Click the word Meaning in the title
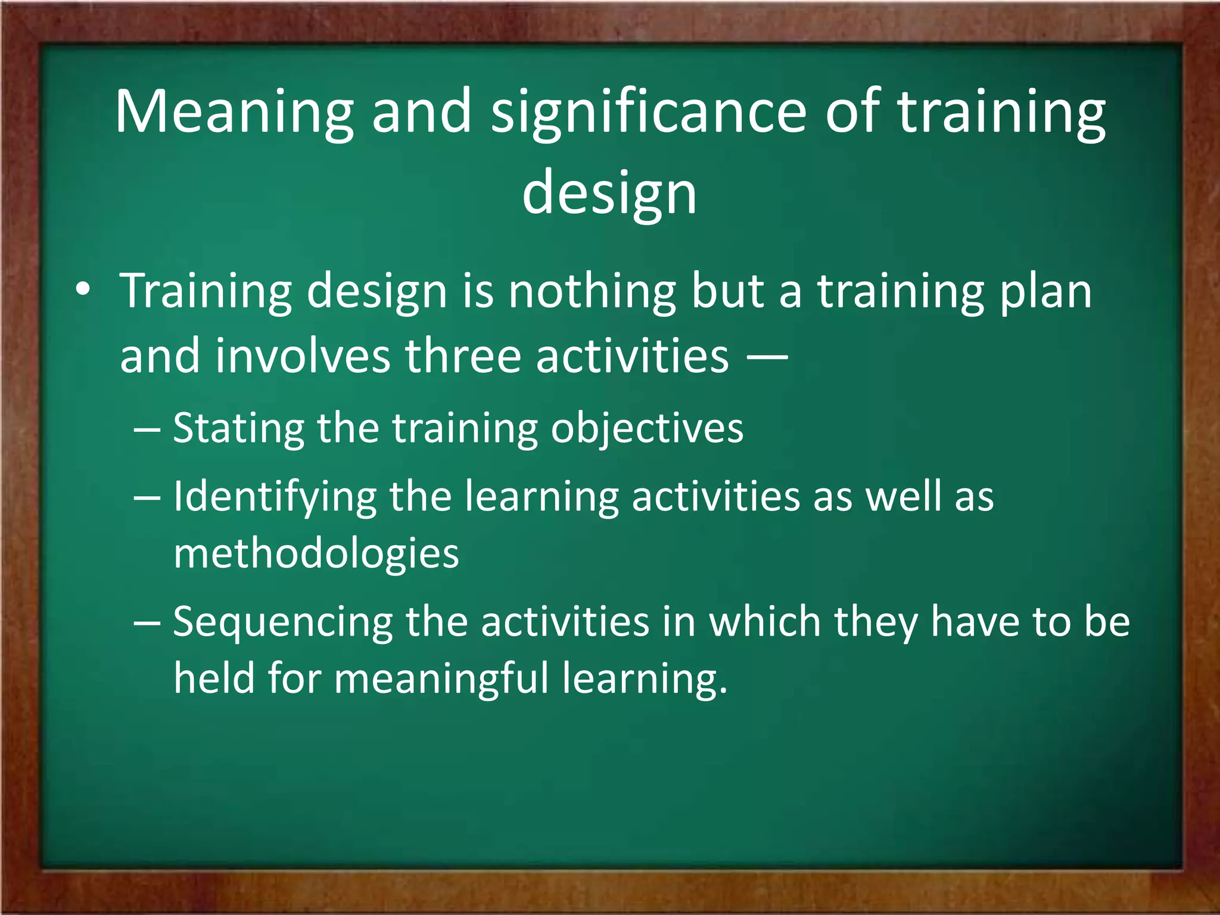coord(234,113)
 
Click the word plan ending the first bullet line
coord(1045,292)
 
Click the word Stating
coord(238,429)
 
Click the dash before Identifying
coord(147,497)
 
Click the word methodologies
coord(316,554)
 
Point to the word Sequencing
coord(282,623)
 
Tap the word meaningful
coord(441,679)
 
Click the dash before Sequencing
coord(147,623)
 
